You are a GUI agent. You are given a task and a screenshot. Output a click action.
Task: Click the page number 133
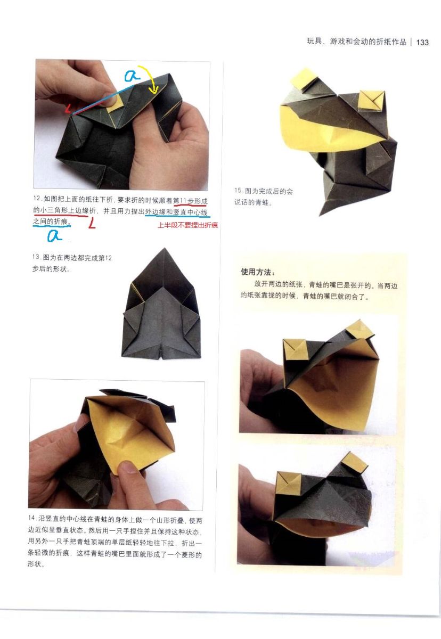point(422,42)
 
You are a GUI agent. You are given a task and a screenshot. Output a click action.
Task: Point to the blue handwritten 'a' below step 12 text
point(54,235)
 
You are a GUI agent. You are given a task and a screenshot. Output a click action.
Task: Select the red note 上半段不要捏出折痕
point(187,225)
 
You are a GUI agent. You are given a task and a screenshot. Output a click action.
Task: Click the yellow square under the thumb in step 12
point(115,102)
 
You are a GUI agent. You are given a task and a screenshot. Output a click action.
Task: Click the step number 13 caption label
point(36,257)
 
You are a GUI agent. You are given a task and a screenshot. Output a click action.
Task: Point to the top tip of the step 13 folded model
point(164,248)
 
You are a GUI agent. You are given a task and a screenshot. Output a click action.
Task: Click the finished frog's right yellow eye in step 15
point(371,101)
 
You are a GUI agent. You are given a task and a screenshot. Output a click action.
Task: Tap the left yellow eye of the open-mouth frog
point(295,349)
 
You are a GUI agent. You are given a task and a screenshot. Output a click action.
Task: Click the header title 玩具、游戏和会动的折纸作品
point(356,42)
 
